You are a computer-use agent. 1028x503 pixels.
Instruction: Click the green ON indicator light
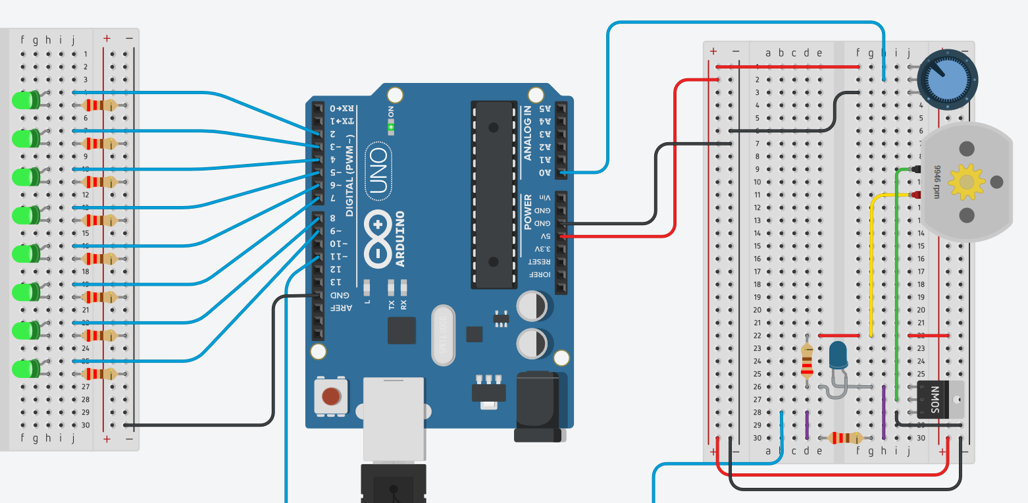click(x=391, y=126)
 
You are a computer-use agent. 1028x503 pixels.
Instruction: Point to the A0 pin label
click(x=545, y=172)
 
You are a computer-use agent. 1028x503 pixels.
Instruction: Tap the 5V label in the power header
click(x=545, y=236)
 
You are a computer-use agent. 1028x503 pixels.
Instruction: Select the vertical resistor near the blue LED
click(x=808, y=360)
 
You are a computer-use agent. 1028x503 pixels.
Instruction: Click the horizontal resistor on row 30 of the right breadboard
click(x=844, y=438)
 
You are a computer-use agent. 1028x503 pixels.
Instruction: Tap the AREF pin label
click(x=348, y=307)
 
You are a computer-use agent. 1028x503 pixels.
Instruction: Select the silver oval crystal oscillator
click(x=443, y=334)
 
